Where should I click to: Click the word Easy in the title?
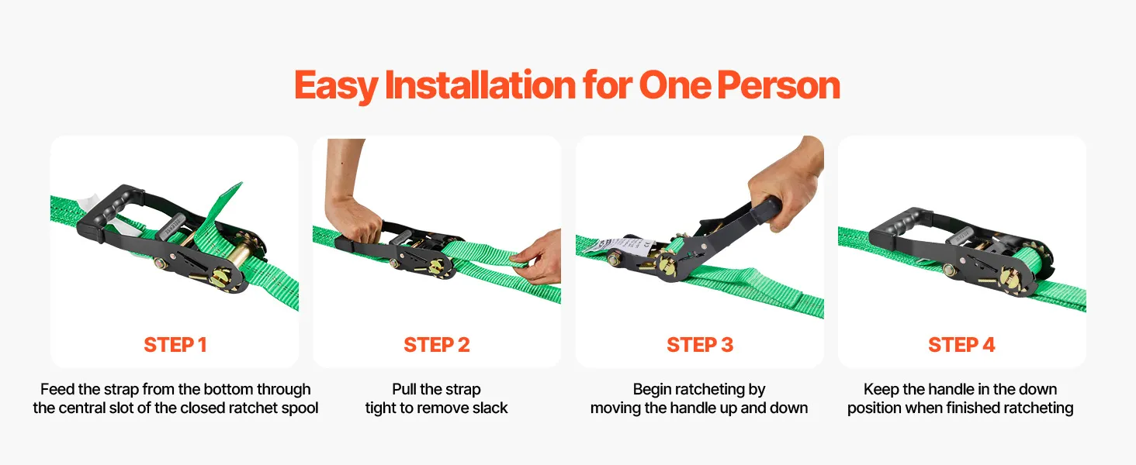tap(336, 85)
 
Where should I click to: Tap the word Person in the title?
tap(778, 84)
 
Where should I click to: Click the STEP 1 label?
tap(175, 344)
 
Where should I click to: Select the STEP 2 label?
tap(437, 344)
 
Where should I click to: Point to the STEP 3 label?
tap(700, 344)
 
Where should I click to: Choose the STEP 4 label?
tap(961, 344)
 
